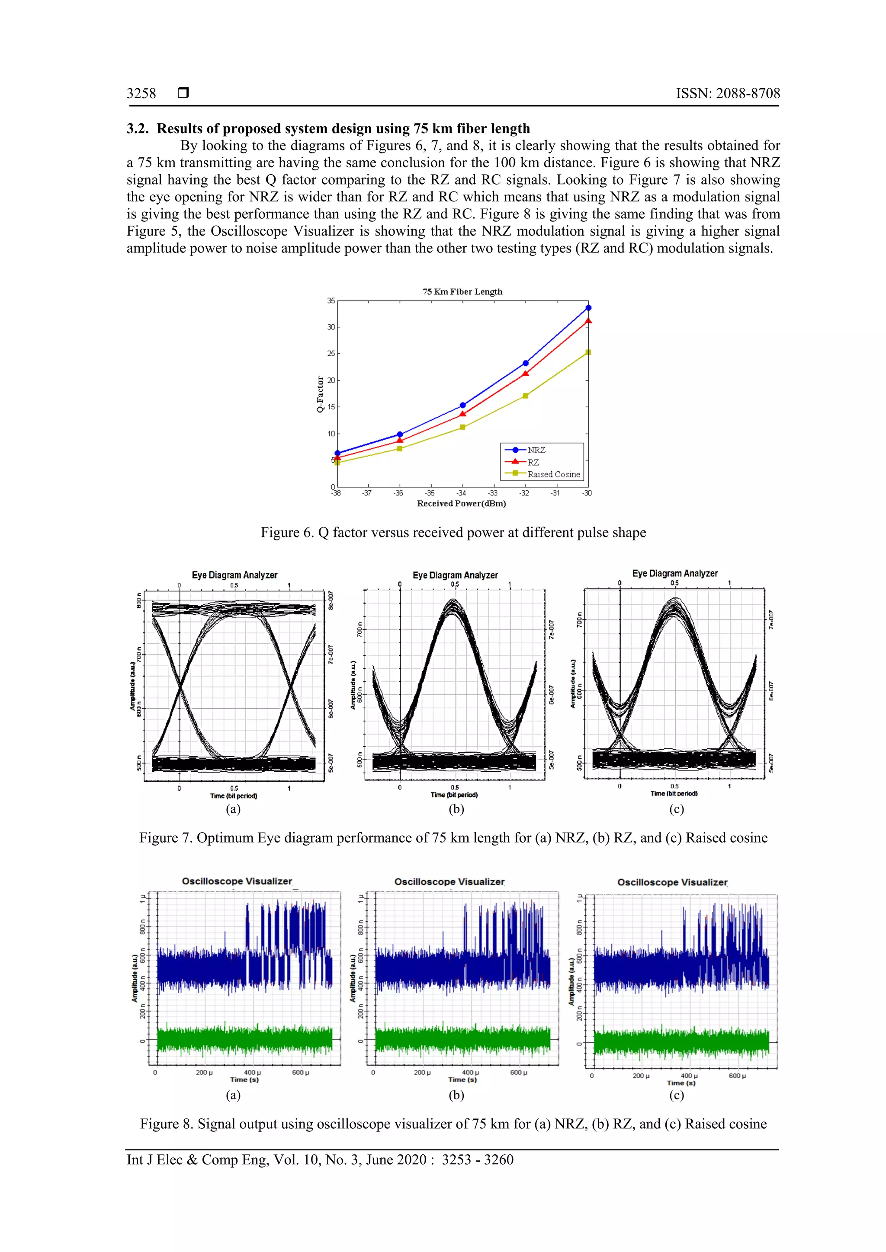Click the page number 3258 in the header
coord(141,94)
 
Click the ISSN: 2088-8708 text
coord(728,94)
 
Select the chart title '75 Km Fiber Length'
coord(462,292)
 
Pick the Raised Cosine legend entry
coord(553,474)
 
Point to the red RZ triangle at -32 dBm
coord(525,374)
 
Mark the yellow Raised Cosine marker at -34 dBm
coord(462,427)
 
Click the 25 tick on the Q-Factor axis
coord(331,353)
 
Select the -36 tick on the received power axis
coord(398,493)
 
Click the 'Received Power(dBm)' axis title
coord(462,503)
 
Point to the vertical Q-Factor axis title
coord(320,394)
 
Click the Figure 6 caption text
coord(453,533)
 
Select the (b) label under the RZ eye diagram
coord(456,809)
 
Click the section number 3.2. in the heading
coord(138,129)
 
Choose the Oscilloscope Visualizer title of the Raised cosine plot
coord(672,882)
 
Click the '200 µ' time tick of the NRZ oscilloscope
coord(204,1073)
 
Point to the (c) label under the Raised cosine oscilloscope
coord(677,1095)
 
